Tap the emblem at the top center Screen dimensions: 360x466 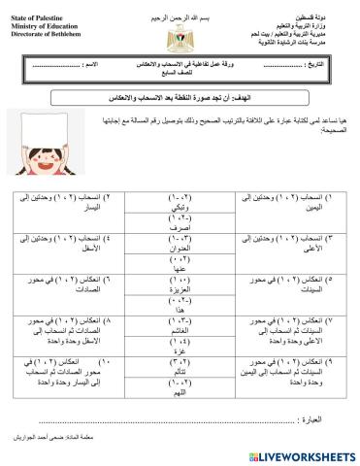click(x=180, y=39)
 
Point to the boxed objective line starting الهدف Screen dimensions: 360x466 click(x=180, y=99)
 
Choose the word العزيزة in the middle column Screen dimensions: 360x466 click(x=180, y=289)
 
